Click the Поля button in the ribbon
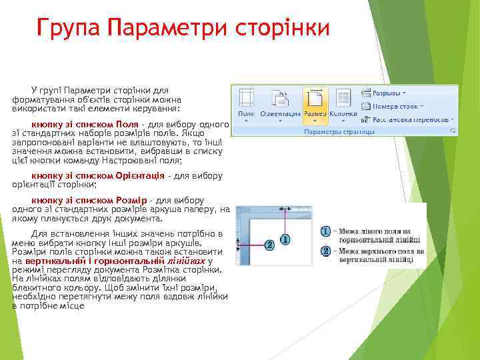pos(246,104)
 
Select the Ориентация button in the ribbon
pos(279,104)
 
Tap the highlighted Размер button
pos(315,104)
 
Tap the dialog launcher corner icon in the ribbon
pos(453,132)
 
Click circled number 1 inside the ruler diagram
pos(285,239)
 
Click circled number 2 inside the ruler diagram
pos(269,245)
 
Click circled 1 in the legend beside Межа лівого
pos(326,231)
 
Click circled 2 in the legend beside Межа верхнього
pos(326,251)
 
